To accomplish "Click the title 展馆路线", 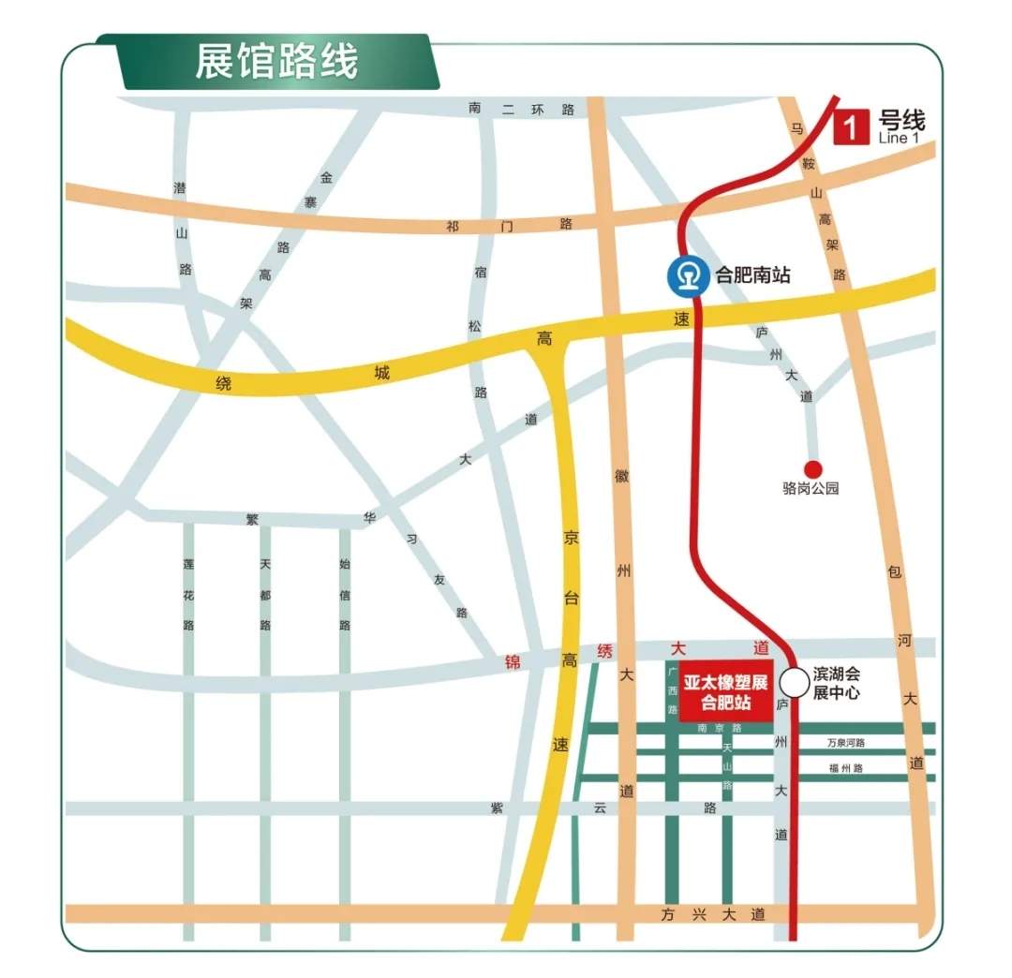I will [x=276, y=63].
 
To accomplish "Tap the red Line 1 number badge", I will [x=850, y=126].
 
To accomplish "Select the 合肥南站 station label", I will [x=753, y=275].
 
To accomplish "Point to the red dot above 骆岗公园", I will [x=812, y=468].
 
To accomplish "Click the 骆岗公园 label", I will [x=811, y=488].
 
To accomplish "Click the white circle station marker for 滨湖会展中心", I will [x=795, y=682].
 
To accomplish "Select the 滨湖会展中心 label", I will [x=836, y=684].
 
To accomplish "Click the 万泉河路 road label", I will [x=846, y=743].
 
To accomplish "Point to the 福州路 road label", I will [x=846, y=768].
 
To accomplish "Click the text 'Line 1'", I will [x=899, y=139].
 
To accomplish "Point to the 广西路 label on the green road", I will [x=672, y=691].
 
